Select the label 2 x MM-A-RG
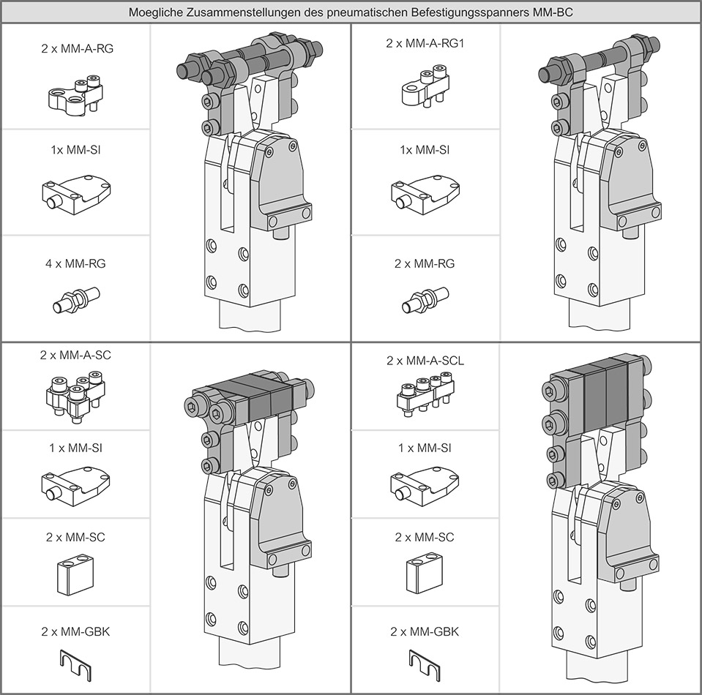[x=76, y=50]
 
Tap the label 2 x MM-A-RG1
[x=425, y=43]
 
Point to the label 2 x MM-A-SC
[x=76, y=355]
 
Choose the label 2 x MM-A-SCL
[x=425, y=361]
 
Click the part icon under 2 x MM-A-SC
[x=75, y=396]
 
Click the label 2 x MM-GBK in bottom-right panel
[x=425, y=631]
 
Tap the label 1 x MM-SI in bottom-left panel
[x=76, y=448]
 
